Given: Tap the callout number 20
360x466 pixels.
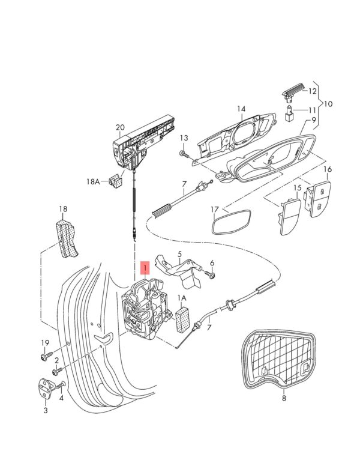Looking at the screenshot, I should pyautogui.click(x=120, y=127).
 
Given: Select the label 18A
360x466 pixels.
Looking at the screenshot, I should pyautogui.click(x=93, y=180).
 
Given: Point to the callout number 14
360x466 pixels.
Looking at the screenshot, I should pyautogui.click(x=241, y=109).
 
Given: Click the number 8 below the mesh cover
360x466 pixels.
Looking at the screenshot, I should pyautogui.click(x=284, y=398).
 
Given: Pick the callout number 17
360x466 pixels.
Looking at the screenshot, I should pyautogui.click(x=215, y=210).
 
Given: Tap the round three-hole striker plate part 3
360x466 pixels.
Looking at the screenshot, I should pyautogui.click(x=46, y=389).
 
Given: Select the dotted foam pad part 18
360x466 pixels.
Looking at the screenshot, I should pyautogui.click(x=67, y=240).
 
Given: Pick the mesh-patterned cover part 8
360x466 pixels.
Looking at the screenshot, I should pyautogui.click(x=279, y=355).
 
